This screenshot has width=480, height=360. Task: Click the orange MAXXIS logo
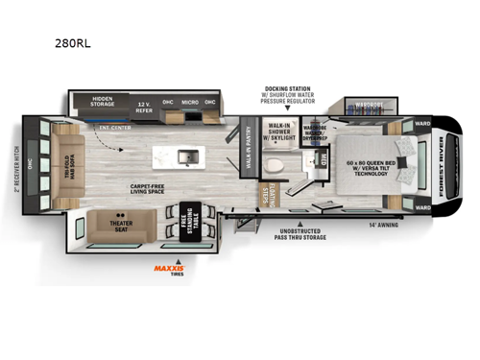171,270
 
